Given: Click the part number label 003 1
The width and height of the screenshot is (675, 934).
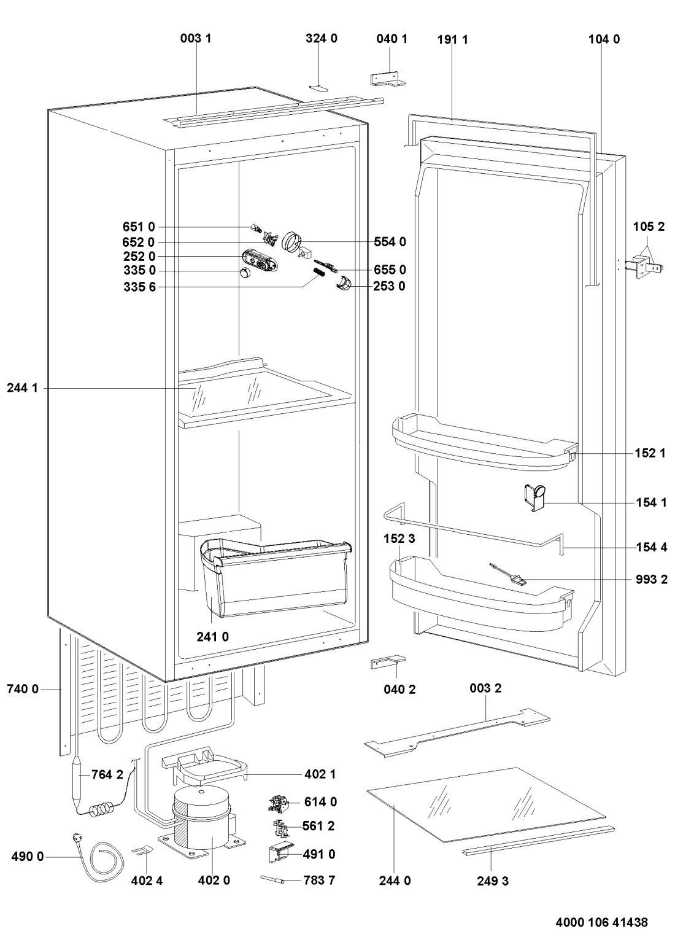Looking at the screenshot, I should [196, 38].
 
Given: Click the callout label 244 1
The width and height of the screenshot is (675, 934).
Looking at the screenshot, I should [23, 388].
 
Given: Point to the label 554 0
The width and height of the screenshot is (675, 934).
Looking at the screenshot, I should [390, 242].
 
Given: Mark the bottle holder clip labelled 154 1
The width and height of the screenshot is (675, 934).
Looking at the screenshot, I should [534, 496].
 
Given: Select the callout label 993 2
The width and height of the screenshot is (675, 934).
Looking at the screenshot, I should [652, 579].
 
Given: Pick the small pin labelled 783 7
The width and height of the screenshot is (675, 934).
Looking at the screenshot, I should [272, 880].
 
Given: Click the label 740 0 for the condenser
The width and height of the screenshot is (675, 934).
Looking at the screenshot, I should [23, 690].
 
